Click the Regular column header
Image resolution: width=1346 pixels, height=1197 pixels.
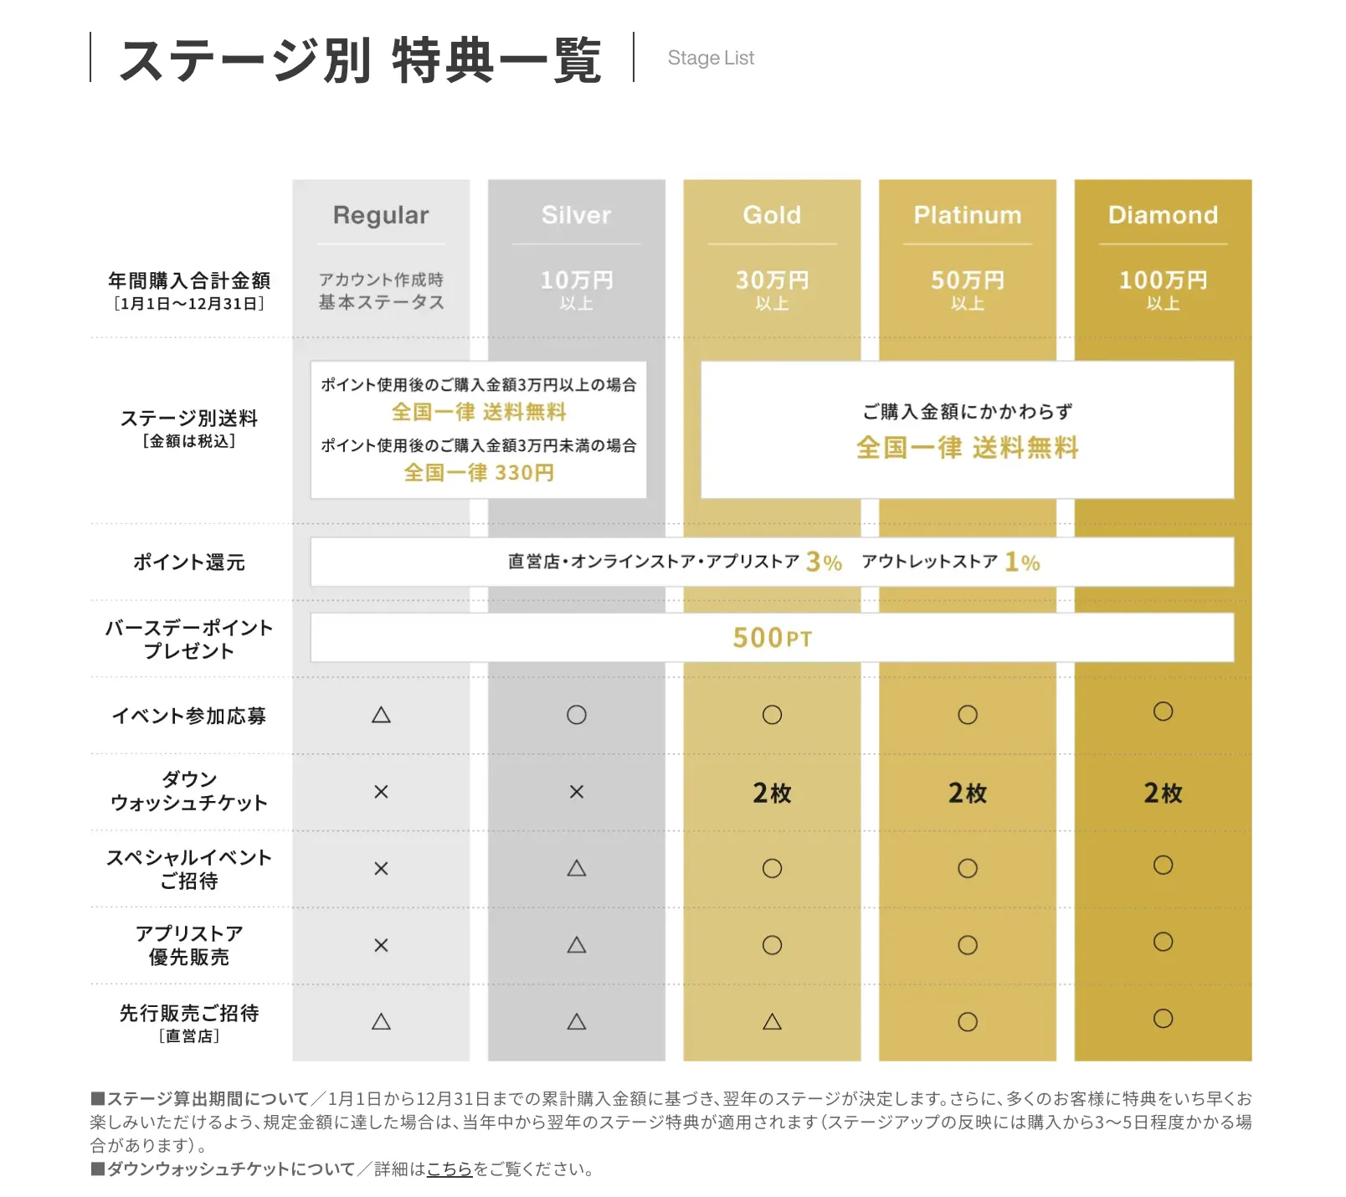click(381, 215)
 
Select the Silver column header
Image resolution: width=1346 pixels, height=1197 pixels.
click(576, 215)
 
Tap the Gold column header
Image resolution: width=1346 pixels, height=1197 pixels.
click(772, 215)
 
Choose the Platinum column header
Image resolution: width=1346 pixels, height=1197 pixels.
click(968, 215)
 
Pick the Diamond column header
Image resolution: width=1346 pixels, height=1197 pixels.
click(1163, 215)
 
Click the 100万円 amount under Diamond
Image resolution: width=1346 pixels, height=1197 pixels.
click(1163, 280)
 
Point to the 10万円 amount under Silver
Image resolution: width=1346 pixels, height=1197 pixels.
click(576, 280)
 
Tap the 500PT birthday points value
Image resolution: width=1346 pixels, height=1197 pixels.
click(772, 638)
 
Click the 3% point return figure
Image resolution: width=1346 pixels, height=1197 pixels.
click(824, 562)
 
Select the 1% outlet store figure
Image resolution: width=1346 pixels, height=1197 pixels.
click(1022, 562)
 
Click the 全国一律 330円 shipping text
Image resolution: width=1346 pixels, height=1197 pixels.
click(479, 473)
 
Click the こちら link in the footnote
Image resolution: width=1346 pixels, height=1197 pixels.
click(450, 1169)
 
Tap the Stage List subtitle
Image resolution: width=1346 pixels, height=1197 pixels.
click(711, 58)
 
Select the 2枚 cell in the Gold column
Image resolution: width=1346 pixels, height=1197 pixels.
click(772, 793)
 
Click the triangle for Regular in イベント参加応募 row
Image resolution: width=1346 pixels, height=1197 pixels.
click(381, 715)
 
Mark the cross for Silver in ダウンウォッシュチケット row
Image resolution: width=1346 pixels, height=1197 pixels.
click(576, 792)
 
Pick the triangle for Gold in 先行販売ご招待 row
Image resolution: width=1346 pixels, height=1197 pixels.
click(772, 1021)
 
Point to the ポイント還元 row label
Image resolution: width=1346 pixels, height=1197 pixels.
click(189, 563)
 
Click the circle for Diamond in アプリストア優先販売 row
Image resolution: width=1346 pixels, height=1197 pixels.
click(1163, 942)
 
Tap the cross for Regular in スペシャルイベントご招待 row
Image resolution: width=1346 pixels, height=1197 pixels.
click(381, 869)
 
